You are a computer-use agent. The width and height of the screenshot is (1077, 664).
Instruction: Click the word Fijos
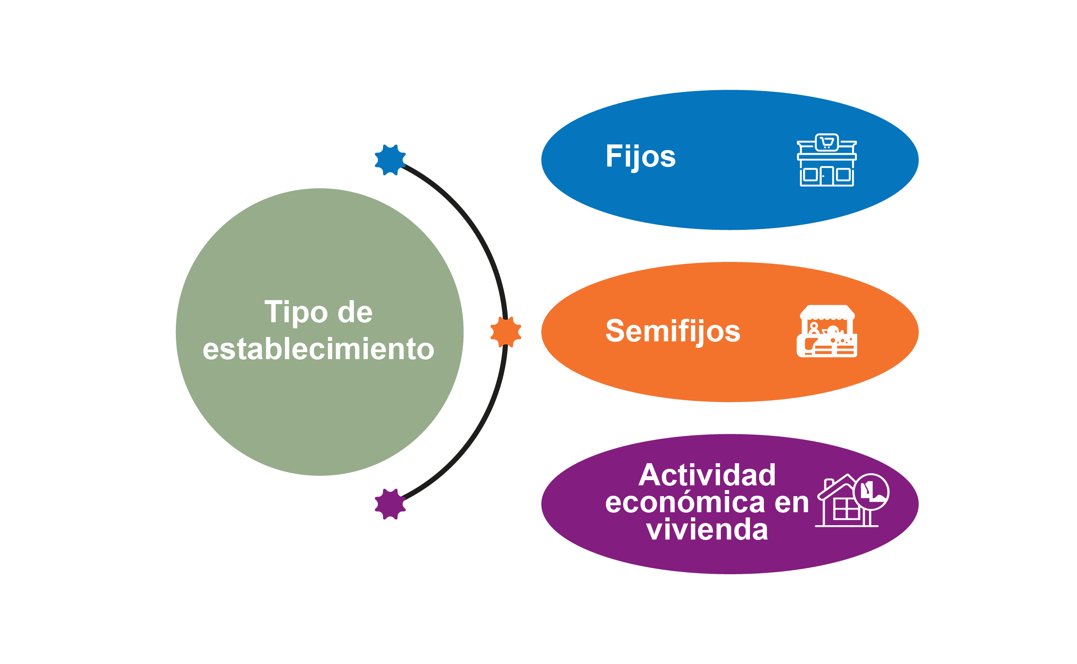[x=640, y=156]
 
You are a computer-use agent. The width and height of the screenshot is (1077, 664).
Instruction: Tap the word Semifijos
[x=673, y=331]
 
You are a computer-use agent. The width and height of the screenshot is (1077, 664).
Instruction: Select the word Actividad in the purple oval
[x=707, y=475]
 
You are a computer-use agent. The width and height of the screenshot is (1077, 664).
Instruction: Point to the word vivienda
[x=707, y=530]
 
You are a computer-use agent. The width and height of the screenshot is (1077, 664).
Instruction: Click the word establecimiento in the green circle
[x=318, y=349]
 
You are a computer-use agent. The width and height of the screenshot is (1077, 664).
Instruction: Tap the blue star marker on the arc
[x=390, y=160]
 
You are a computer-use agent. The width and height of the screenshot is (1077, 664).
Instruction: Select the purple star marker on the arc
[x=390, y=504]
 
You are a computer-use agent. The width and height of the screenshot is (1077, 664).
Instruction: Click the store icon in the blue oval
[x=826, y=161]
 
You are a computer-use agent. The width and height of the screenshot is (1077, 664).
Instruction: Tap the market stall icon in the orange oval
[x=826, y=331]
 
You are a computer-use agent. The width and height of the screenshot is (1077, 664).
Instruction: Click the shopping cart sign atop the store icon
[x=826, y=142]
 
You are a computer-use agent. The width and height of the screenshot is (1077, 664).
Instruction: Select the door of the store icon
[x=826, y=176]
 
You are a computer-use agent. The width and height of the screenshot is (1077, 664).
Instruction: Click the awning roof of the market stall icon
[x=827, y=311]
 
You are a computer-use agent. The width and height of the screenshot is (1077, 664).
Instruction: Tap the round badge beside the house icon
[x=871, y=492]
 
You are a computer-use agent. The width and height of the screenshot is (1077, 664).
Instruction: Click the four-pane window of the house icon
[x=847, y=509]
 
